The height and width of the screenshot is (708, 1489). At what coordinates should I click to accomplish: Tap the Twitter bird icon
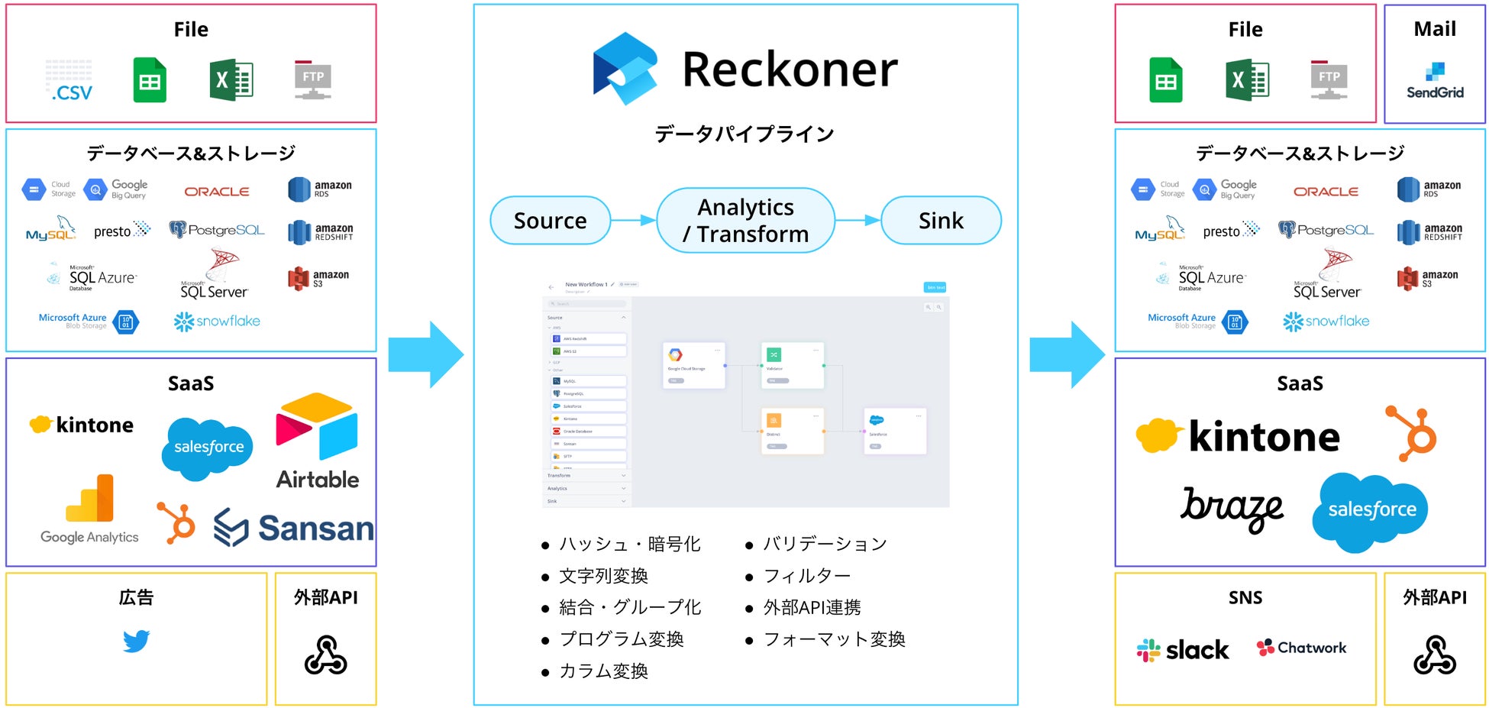pos(136,641)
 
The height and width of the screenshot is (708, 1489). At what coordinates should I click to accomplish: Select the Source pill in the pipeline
pos(550,221)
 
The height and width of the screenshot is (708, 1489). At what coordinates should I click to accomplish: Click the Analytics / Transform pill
pos(745,221)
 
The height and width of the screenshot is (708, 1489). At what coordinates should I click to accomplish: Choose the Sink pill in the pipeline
pos(941,221)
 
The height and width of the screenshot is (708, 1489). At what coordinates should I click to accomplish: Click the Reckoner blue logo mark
pos(625,68)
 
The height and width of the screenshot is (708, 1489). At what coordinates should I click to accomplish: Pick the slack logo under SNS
pos(1182,650)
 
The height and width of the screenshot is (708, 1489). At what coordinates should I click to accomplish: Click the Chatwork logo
pos(1301,648)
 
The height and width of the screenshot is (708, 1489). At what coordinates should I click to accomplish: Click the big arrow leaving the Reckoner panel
pos(1067,354)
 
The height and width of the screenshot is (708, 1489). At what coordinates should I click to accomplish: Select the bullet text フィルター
pos(806,576)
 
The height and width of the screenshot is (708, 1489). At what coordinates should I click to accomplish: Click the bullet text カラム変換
pos(603,671)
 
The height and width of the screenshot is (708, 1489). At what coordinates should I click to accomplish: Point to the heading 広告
pos(136,597)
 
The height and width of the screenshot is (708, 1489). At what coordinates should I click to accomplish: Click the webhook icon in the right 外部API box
pos(1434,655)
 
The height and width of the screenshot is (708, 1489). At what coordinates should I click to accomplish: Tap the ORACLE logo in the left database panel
pos(217,192)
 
